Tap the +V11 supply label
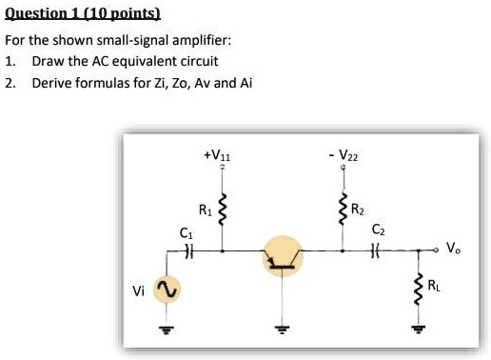(222, 153)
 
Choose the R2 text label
(358, 210)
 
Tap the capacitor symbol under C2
(378, 251)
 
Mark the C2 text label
(379, 230)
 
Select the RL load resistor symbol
(416, 286)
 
